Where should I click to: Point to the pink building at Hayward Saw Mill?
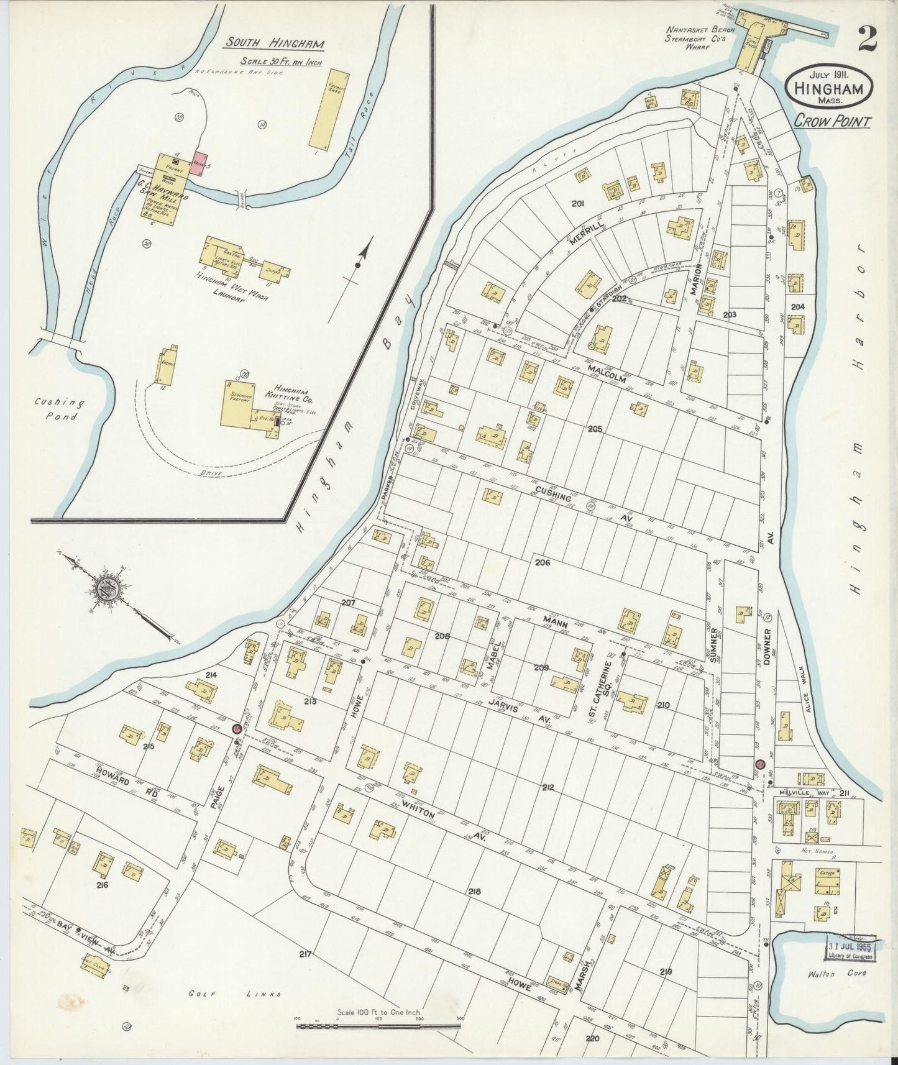[x=200, y=163]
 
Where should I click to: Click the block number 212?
[x=548, y=787]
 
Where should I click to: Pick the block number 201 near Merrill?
[x=578, y=203]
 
